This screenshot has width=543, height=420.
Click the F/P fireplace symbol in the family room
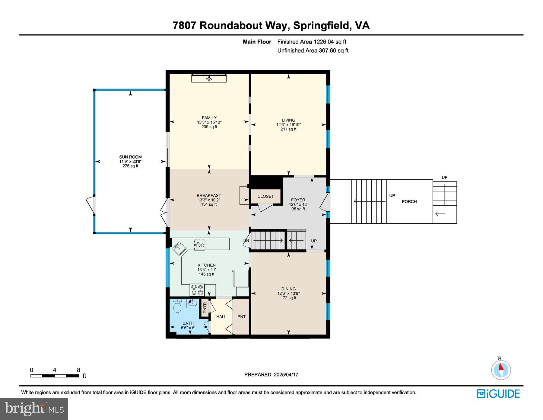209,79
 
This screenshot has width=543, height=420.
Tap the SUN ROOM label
130,157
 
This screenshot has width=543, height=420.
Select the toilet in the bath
177,306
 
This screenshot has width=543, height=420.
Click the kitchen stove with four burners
197,290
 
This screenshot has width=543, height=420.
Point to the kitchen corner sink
179,248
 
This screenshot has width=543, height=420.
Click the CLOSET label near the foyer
265,196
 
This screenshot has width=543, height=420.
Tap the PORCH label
409,201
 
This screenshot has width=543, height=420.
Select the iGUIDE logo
498,394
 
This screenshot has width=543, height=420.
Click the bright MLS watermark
34,409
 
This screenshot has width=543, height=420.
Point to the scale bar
55,376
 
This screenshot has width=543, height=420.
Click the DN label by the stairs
246,240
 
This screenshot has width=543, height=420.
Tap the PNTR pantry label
205,308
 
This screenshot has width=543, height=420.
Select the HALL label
221,316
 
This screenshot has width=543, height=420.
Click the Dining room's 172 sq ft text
288,298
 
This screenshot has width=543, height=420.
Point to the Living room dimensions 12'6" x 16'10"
288,124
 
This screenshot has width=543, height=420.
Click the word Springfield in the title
321,25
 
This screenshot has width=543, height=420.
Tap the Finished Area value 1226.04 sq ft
330,42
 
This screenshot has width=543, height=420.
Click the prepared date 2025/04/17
286,374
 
